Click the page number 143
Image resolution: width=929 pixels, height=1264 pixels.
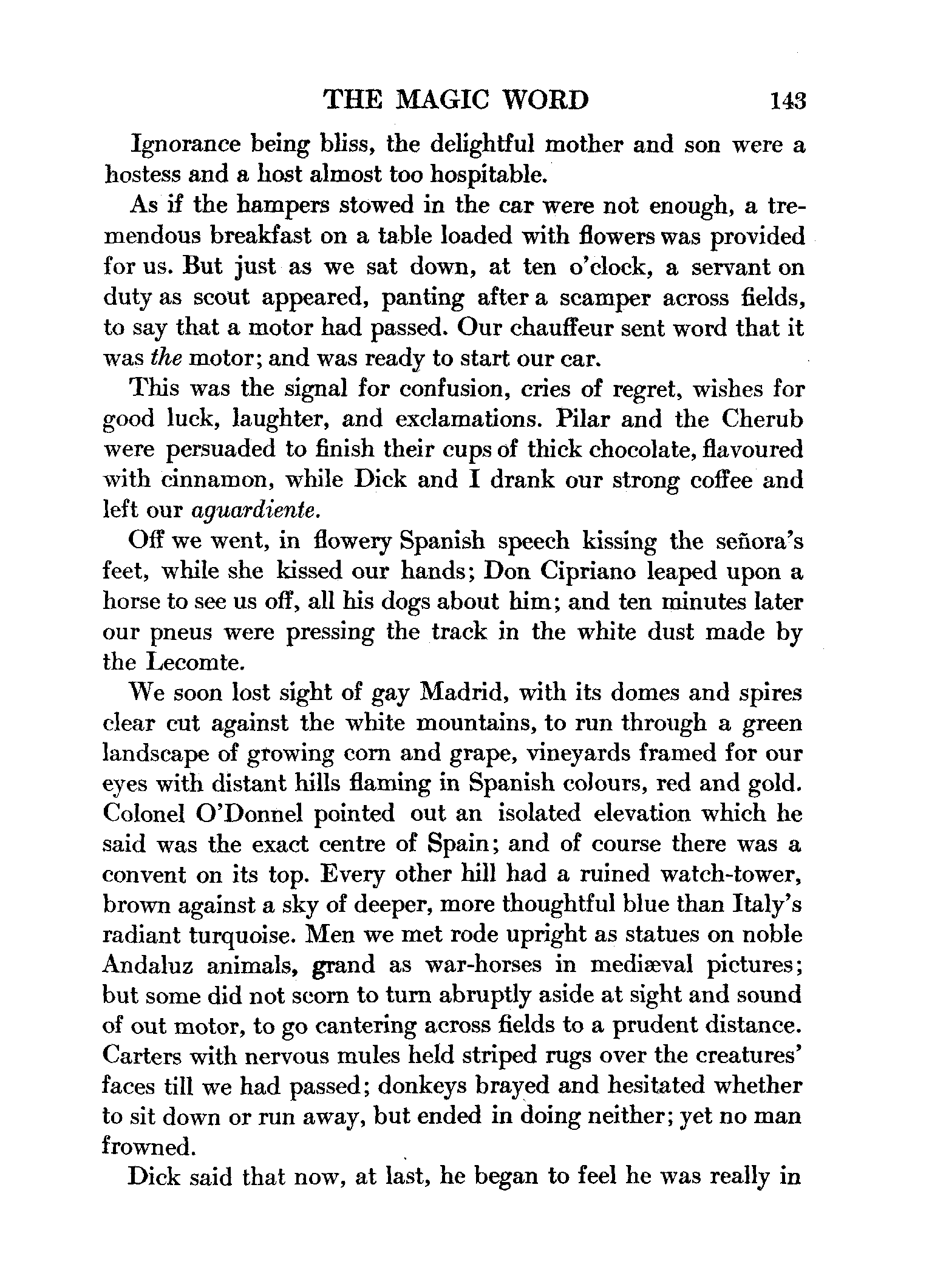pos(786,100)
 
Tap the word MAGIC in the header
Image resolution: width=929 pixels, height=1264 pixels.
pos(451,100)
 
